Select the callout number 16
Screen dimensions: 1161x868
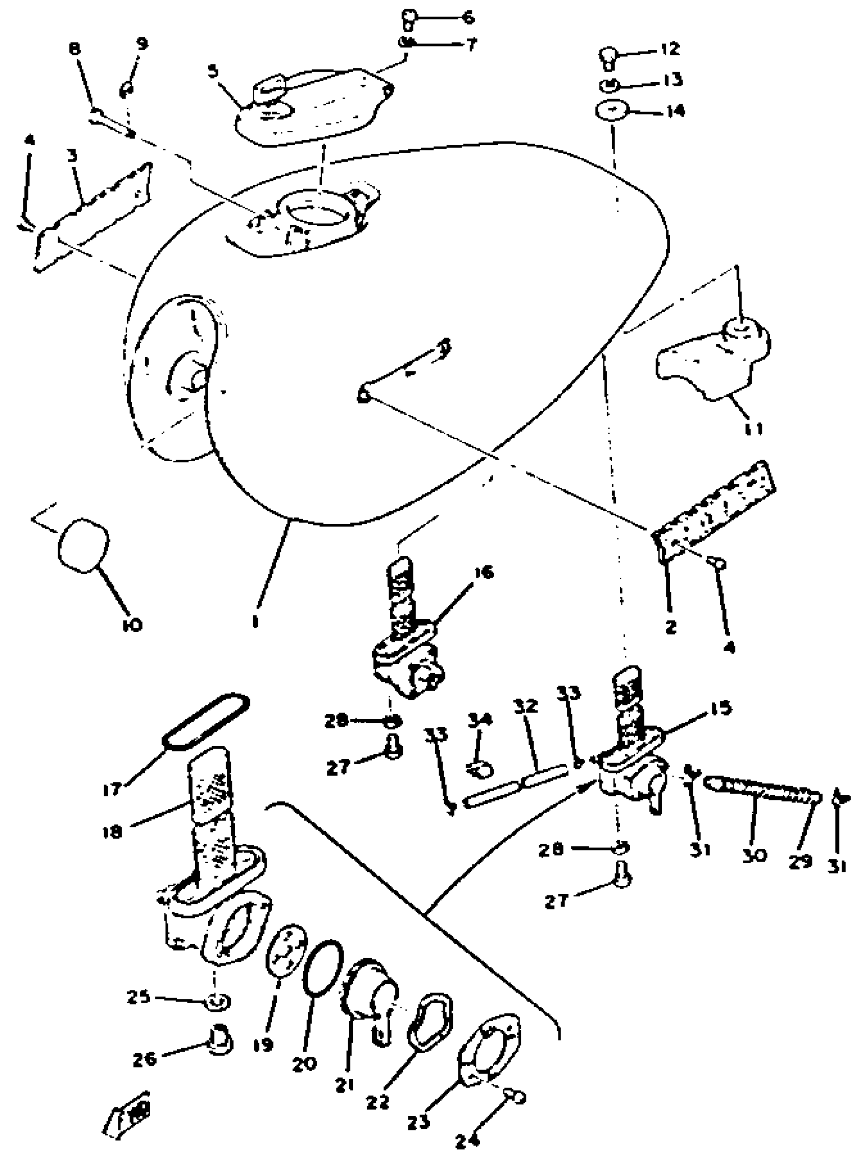[484, 572]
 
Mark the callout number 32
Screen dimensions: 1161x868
[526, 706]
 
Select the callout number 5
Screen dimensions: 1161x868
[212, 71]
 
